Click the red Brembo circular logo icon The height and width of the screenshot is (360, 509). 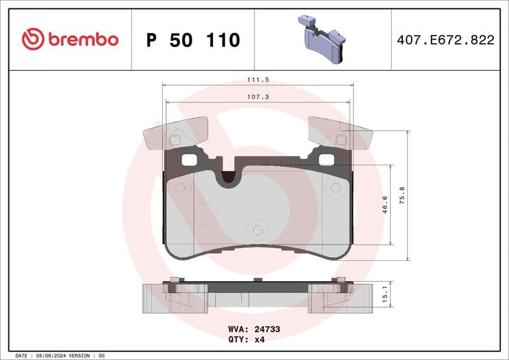(x=32, y=39)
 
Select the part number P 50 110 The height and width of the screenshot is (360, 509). (x=193, y=40)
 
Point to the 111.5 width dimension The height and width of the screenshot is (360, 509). (x=258, y=80)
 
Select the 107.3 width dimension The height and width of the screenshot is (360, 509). (x=258, y=97)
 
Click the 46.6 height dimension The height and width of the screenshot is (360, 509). (x=384, y=205)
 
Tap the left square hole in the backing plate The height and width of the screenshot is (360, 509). (x=189, y=160)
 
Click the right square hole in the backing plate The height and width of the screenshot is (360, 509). (x=325, y=160)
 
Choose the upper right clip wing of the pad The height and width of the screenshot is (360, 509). (x=340, y=132)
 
